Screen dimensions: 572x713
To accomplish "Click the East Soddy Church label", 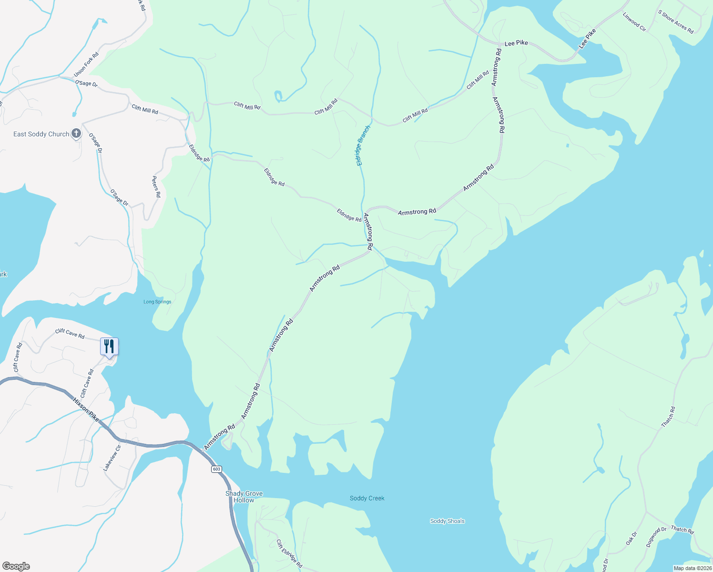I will (x=41, y=134).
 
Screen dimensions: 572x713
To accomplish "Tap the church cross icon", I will (x=76, y=134).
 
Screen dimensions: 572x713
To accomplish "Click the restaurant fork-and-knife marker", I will (x=109, y=346).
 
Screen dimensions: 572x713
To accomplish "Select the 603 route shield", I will (x=217, y=469).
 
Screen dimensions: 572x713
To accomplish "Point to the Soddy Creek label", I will (x=367, y=498).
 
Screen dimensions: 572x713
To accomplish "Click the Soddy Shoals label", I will (x=447, y=521).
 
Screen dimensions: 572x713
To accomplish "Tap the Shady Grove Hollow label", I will (x=244, y=497).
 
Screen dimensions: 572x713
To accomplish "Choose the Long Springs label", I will (x=157, y=302).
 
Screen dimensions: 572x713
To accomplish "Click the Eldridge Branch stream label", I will (x=363, y=145).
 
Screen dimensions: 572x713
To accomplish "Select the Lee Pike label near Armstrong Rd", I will (x=516, y=43).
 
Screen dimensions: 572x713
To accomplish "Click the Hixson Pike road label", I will (x=86, y=409).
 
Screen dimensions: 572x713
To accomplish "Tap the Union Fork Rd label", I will (x=86, y=64).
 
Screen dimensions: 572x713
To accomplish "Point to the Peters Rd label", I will (x=156, y=187).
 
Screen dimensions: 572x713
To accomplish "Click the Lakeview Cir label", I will (x=112, y=458).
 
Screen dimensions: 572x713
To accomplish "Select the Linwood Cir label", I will (x=634, y=22).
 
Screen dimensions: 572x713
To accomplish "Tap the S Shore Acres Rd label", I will (x=676, y=22).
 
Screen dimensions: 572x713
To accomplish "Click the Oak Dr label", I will (x=631, y=539).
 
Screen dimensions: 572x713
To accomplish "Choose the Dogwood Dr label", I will (x=656, y=536).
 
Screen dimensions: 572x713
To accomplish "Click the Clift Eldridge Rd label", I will (x=289, y=553).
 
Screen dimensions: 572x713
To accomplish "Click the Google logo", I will (x=16, y=566).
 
